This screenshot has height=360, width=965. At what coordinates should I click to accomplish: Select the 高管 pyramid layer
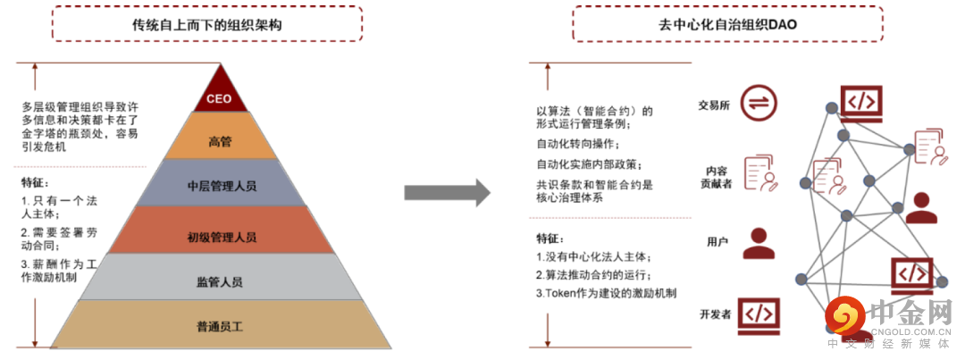click(x=220, y=140)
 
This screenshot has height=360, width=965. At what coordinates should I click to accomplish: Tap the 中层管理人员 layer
click(x=221, y=186)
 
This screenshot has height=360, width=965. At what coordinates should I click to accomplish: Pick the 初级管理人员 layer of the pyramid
click(x=221, y=236)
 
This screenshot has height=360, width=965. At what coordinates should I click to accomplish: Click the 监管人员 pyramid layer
click(x=220, y=281)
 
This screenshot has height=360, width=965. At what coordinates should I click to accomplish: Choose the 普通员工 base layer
click(x=220, y=325)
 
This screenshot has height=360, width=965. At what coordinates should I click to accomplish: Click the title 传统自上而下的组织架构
click(x=206, y=25)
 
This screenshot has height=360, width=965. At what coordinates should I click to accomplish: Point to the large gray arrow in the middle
click(x=447, y=192)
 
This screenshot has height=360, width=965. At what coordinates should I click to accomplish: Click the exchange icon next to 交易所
click(x=758, y=104)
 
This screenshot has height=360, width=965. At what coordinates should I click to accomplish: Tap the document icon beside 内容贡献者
click(x=759, y=173)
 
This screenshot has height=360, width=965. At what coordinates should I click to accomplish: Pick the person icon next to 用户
click(x=759, y=242)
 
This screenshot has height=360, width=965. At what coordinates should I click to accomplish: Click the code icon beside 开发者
click(x=758, y=314)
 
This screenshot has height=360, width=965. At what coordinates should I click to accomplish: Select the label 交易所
click(x=714, y=105)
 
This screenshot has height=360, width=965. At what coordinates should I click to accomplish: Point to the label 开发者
click(x=716, y=314)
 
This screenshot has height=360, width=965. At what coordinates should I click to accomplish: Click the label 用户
click(x=718, y=242)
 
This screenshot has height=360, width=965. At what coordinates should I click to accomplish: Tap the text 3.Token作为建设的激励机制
click(x=606, y=292)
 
